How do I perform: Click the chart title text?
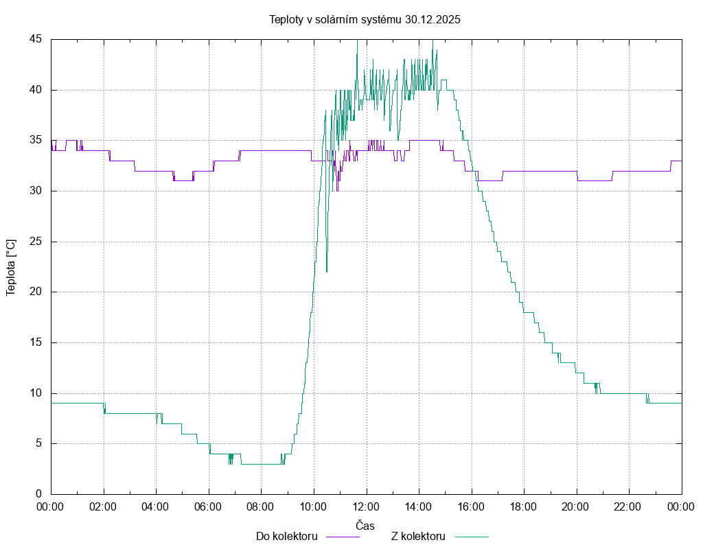pyautogui.click(x=365, y=20)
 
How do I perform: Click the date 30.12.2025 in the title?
pyautogui.click(x=433, y=20)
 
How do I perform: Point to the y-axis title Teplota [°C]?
pyautogui.click(x=10, y=267)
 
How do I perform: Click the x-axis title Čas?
pyautogui.click(x=365, y=526)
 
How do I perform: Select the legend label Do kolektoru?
pyautogui.click(x=286, y=537)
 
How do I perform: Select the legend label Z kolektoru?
pyautogui.click(x=418, y=537)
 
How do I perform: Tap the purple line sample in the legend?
pyautogui.click(x=342, y=537)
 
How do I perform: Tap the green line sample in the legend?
pyautogui.click(x=470, y=537)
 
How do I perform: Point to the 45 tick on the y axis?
pyautogui.click(x=36, y=39)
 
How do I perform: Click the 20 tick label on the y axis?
pyautogui.click(x=36, y=292)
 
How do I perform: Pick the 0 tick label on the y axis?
pyautogui.click(x=38, y=494)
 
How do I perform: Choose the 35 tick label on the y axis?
pyautogui.click(x=36, y=140)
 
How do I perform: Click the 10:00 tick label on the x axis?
pyautogui.click(x=314, y=506)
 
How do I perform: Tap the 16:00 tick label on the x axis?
pyautogui.click(x=471, y=506)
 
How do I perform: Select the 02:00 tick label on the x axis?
pyautogui.click(x=104, y=506)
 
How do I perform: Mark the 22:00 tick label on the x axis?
pyautogui.click(x=628, y=506)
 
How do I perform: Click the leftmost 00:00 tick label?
pyautogui.click(x=51, y=506)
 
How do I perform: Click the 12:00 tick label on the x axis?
pyautogui.click(x=366, y=506)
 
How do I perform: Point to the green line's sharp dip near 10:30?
pyautogui.click(x=327, y=269)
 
